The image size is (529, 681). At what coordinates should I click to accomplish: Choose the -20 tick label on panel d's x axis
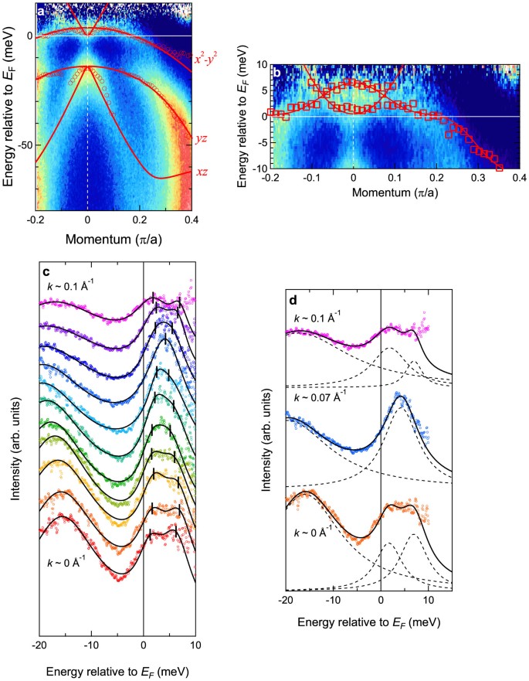tap(286, 598)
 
